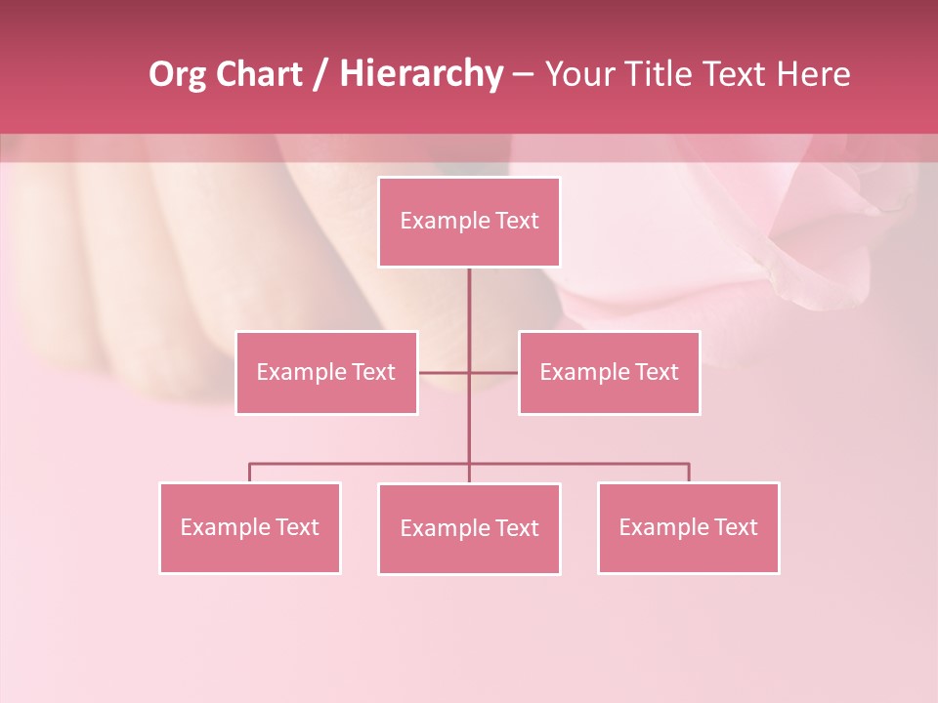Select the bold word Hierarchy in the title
420,75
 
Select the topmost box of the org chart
469,222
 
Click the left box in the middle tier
326,373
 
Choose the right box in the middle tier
609,373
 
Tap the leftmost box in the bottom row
249,528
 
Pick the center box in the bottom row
469,529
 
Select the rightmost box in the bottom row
688,528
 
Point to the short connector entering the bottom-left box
249,473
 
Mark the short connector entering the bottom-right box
689,473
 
